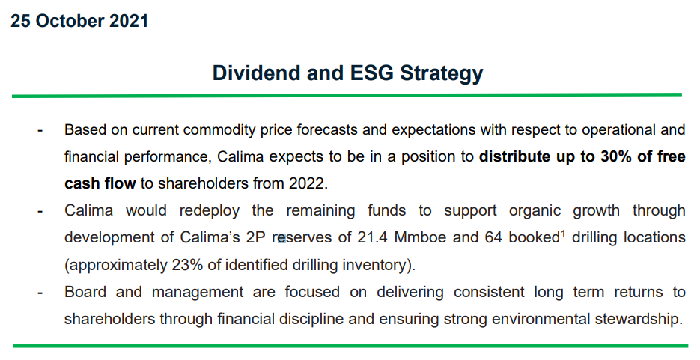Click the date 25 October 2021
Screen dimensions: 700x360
(79, 21)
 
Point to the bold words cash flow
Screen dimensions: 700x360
(100, 183)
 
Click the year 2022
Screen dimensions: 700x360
(308, 184)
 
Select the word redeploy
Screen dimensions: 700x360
(210, 210)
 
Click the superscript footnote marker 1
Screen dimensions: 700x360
(562, 233)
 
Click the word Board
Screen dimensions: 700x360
(85, 292)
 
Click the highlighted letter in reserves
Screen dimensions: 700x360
(281, 239)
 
